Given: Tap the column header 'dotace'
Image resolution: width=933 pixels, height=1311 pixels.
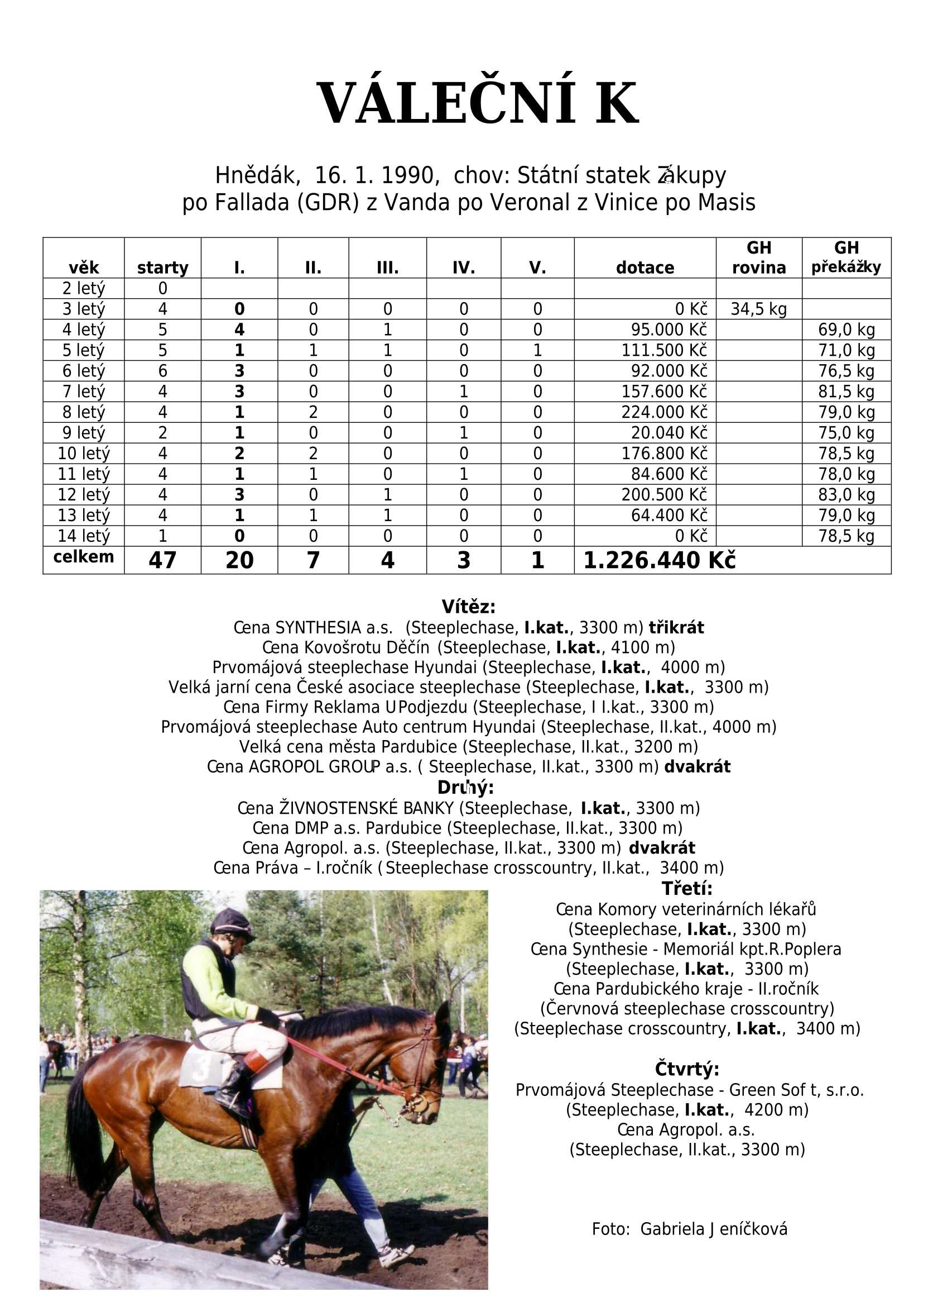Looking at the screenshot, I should coord(645,268).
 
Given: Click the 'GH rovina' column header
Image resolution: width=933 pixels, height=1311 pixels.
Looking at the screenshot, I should coord(758,258).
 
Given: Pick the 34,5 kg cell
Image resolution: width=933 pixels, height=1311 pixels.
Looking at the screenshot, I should coord(758,309).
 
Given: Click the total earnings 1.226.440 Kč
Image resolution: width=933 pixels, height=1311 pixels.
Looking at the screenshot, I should coord(659,560).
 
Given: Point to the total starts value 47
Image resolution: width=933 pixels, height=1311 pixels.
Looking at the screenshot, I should coord(162,560).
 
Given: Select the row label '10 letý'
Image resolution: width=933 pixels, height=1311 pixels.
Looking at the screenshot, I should coord(83,454).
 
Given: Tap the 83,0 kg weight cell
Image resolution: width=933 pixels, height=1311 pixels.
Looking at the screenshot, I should coord(847,494).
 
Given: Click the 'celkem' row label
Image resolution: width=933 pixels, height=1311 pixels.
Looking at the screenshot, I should coord(83,556).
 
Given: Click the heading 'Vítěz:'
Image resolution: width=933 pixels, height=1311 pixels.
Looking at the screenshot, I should coord(468,607).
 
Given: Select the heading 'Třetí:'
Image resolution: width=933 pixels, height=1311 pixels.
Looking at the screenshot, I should coord(686,888).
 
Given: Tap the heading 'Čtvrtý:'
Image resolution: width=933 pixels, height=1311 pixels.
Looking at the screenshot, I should coord(686,1069).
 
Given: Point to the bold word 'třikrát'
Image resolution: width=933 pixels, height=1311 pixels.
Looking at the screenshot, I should coord(676,627).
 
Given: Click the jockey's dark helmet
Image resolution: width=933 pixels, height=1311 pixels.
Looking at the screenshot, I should coord(231,922).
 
